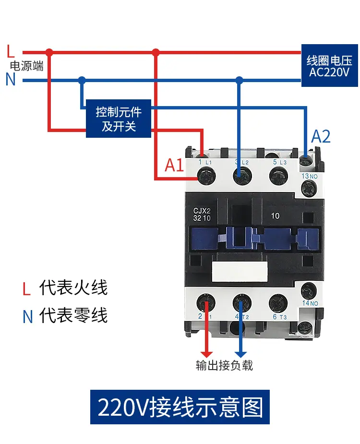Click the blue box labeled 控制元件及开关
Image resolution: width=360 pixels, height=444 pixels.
coord(119,119)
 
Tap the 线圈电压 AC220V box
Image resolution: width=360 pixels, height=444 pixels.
coord(329,65)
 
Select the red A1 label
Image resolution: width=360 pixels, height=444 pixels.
coord(174,165)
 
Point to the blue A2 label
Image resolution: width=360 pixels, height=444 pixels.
coord(321,136)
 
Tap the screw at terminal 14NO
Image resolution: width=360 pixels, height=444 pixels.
coord(309,291)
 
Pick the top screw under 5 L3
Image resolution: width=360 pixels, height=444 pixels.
coord(278,176)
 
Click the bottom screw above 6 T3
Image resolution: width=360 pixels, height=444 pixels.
coord(278,303)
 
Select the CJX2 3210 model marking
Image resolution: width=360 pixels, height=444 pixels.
coord(202,215)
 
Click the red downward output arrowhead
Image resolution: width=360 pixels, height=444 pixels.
coord(206,354)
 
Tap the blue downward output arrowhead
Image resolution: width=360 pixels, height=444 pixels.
coord(241,354)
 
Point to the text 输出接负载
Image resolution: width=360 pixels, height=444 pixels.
coord(224,365)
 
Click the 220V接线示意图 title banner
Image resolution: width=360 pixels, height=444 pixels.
coord(180,407)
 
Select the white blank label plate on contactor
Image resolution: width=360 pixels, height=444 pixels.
coord(240,272)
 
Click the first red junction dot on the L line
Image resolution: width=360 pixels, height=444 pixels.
coord(49,52)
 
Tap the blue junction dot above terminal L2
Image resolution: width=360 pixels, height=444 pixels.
coord(240,80)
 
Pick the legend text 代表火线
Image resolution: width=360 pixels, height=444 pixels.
coord(73,288)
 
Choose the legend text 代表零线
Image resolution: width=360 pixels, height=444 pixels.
coord(73,315)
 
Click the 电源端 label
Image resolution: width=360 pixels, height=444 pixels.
coord(26,66)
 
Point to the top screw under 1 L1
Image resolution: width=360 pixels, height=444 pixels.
coord(206,176)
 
